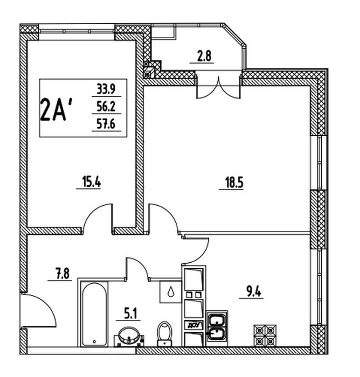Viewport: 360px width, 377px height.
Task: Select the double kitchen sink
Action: pyautogui.click(x=218, y=327)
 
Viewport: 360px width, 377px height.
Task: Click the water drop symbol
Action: pyautogui.click(x=170, y=292)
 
